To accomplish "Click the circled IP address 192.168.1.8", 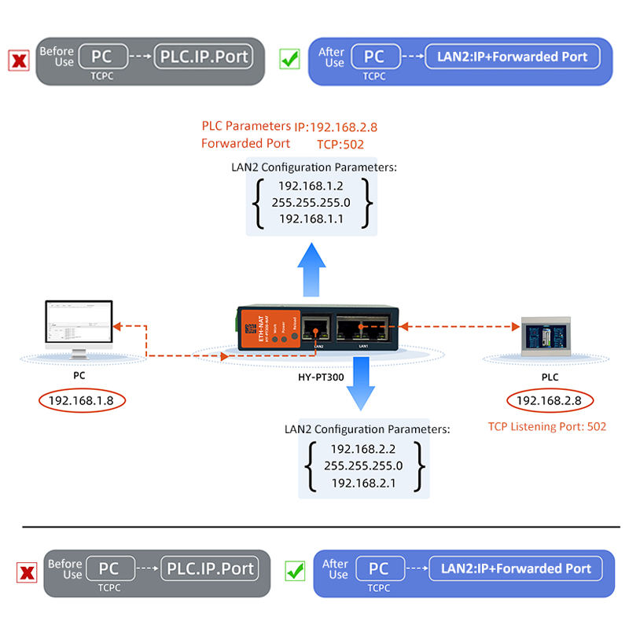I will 81,401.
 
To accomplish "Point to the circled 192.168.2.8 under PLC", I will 549,401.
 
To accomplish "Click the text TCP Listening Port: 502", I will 547,426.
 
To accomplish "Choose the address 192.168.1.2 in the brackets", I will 311,186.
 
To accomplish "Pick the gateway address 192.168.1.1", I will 311,219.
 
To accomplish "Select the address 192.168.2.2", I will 362,449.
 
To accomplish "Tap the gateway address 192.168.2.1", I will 362,483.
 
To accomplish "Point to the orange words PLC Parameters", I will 246,126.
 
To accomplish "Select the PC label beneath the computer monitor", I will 79,376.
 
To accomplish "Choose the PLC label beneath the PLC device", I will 550,377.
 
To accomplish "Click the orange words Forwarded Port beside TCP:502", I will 245,144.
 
